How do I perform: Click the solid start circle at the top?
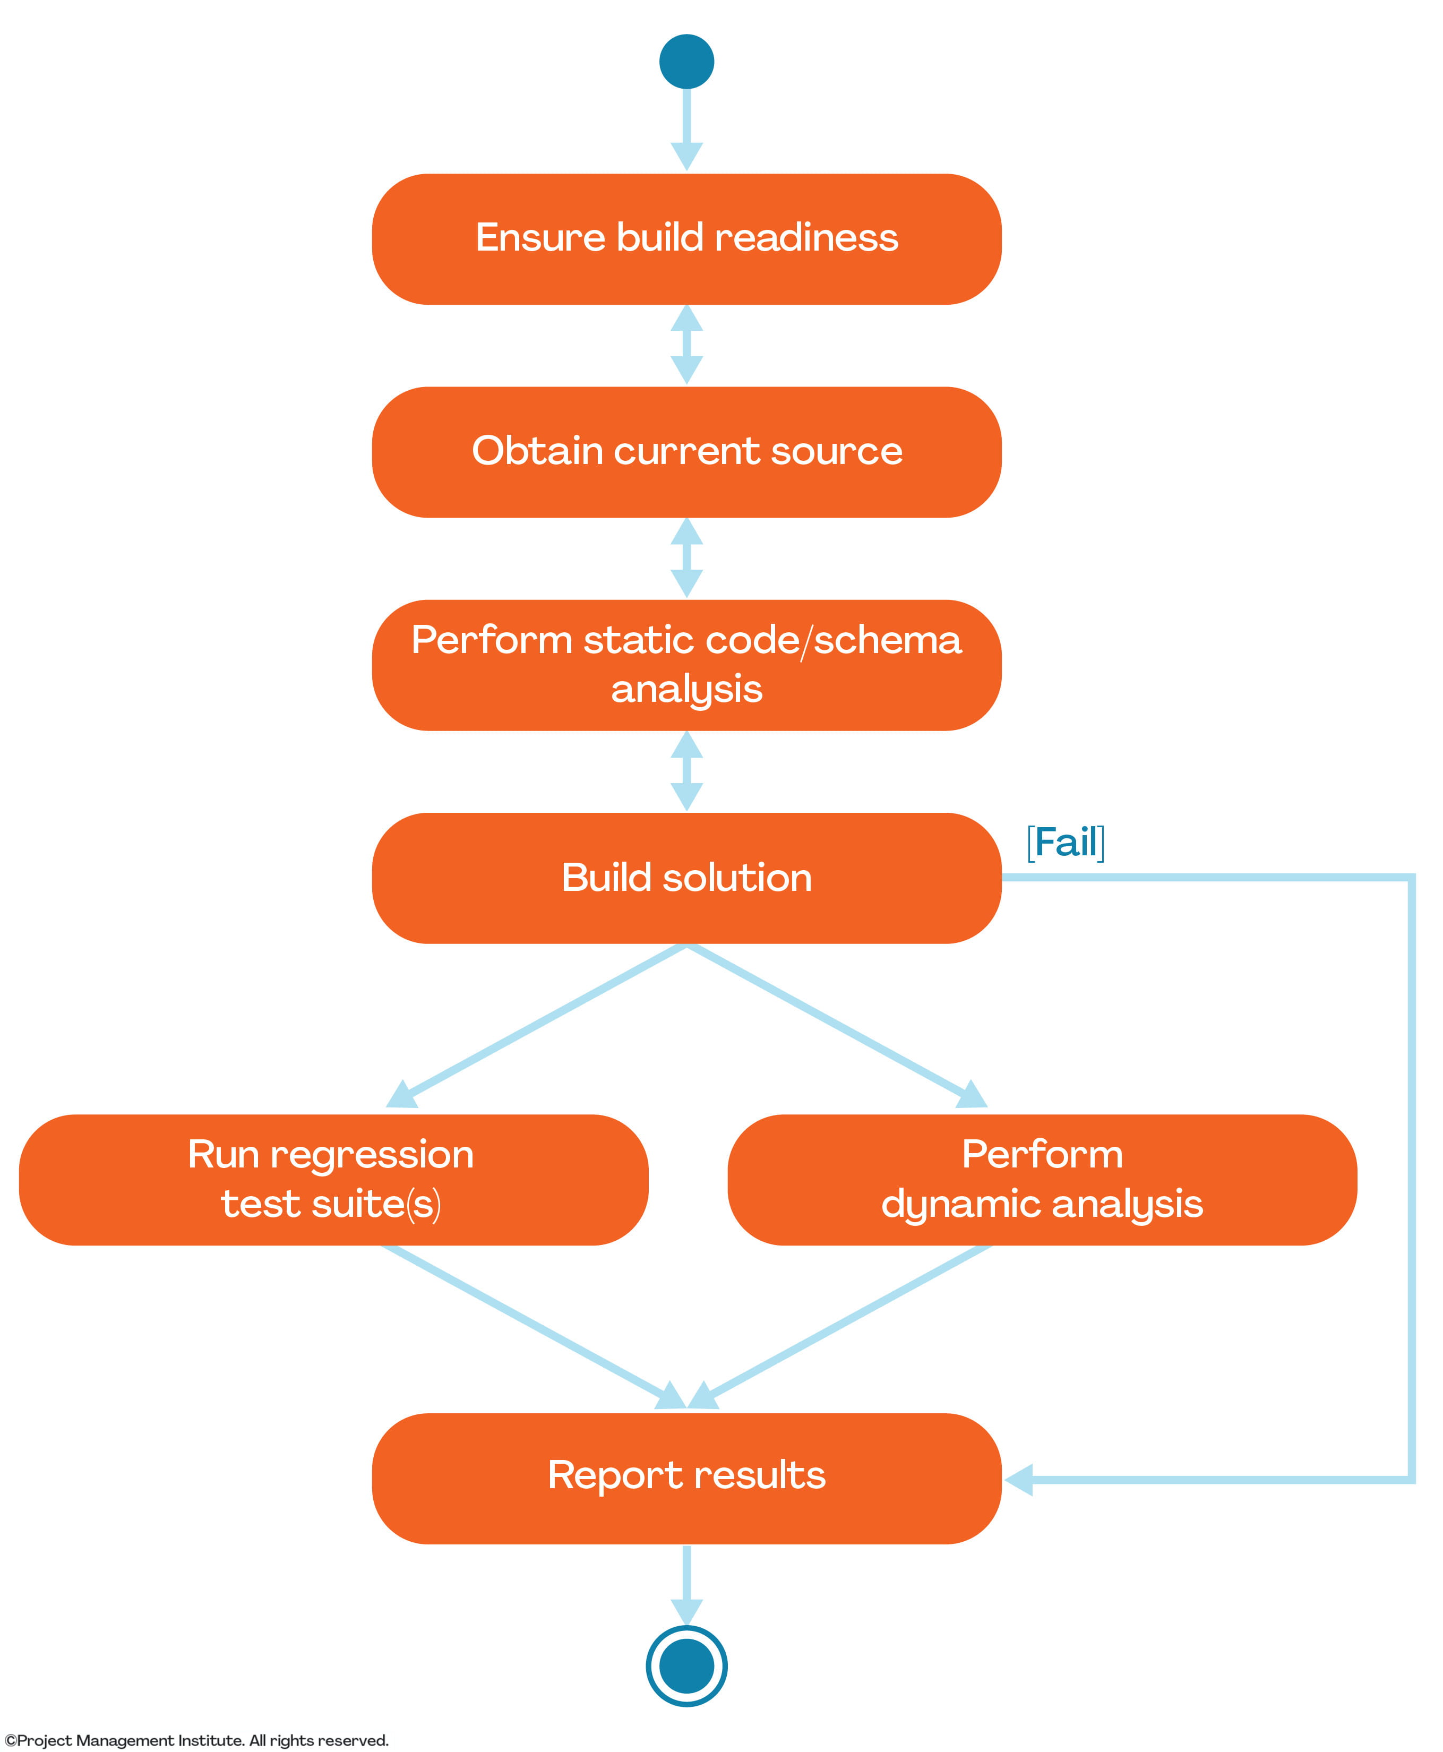click(x=686, y=62)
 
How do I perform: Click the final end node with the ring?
click(x=686, y=1665)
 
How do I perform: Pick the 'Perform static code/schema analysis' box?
click(x=686, y=665)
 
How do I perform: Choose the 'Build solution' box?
click(x=686, y=878)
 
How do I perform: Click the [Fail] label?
click(x=1066, y=843)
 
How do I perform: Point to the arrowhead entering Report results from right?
click(x=1019, y=1480)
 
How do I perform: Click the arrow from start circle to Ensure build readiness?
click(x=686, y=129)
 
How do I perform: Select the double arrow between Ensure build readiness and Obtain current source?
click(x=686, y=344)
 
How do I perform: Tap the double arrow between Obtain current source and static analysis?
click(x=686, y=557)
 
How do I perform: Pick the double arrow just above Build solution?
click(x=686, y=770)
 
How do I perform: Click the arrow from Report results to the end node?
click(x=686, y=1583)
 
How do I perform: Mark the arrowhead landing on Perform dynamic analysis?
click(x=971, y=1095)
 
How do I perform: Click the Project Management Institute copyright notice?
click(x=196, y=1740)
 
